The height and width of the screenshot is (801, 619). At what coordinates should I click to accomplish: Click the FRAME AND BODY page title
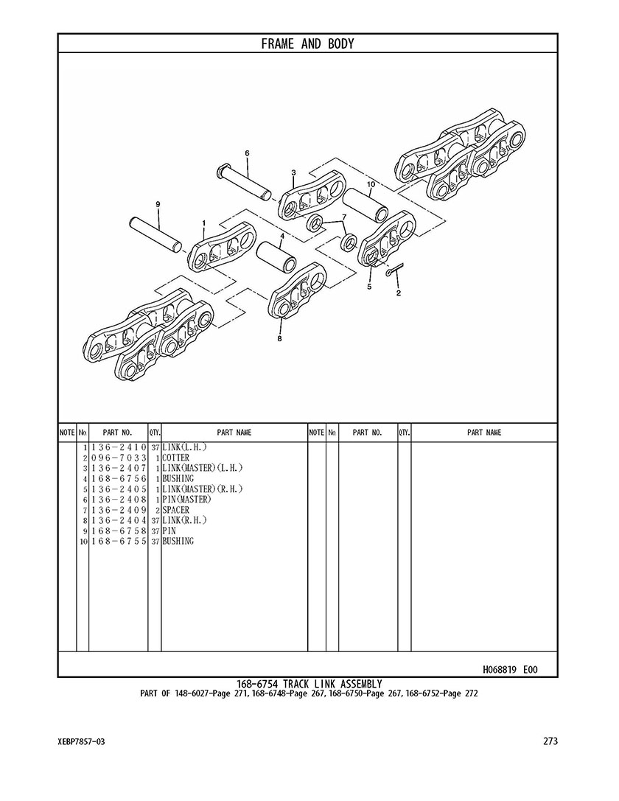coord(307,44)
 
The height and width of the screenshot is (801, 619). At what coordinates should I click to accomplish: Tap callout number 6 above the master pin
coord(247,153)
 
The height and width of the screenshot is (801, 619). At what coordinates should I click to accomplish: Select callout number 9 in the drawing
coord(158,204)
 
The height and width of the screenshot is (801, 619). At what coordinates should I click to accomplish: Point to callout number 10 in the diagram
coord(371,184)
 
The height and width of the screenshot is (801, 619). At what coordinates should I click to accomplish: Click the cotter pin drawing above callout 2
coord(395,270)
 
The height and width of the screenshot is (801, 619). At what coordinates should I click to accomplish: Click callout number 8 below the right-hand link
coord(279,337)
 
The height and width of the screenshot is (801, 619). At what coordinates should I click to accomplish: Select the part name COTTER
coord(175,458)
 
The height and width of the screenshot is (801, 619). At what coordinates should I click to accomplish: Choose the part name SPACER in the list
coord(175,510)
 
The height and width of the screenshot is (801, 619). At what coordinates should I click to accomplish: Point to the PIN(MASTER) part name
coord(186,499)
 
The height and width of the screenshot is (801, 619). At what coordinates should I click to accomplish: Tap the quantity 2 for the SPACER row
coord(158,511)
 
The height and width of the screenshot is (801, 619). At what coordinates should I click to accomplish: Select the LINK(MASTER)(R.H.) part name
coord(203,489)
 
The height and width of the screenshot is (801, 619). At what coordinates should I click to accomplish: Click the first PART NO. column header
coord(117,433)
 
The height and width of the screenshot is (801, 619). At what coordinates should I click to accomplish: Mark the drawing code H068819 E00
coord(510,669)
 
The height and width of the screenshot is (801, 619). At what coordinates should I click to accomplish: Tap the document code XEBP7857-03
coord(82,742)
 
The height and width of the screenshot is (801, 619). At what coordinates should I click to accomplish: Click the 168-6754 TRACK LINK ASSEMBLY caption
coord(309,684)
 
